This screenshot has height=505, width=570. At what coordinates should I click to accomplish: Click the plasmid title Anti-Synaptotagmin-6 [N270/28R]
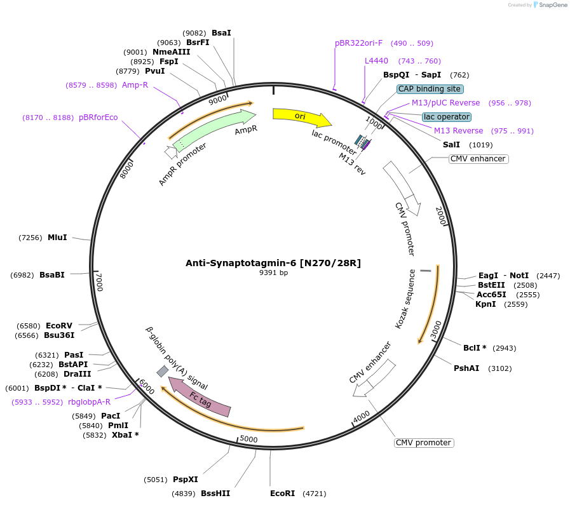[273, 263]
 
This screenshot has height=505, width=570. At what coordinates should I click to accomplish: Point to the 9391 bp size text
[273, 273]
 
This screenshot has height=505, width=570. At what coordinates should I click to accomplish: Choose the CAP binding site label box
[430, 89]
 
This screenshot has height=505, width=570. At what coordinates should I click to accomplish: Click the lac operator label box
[447, 117]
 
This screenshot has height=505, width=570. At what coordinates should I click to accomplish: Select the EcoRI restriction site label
[283, 493]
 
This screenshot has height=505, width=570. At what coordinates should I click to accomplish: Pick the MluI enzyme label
[57, 238]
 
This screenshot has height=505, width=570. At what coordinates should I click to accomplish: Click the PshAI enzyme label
[466, 368]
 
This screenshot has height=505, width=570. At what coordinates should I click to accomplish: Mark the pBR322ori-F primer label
[359, 43]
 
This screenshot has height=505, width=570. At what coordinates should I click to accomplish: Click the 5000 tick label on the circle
[248, 439]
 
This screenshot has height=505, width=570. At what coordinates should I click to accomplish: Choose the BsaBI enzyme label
[52, 275]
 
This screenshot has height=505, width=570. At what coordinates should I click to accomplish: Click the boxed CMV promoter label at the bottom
[424, 443]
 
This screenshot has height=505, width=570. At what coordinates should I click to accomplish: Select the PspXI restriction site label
[186, 480]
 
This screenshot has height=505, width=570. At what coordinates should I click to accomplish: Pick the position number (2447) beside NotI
[548, 276]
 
